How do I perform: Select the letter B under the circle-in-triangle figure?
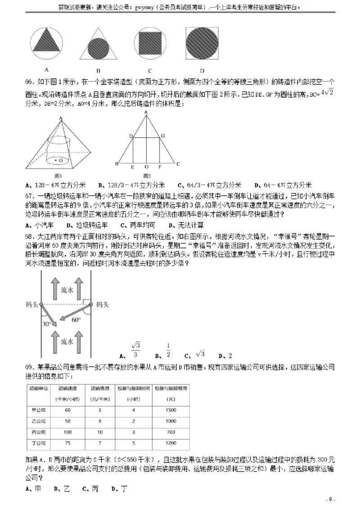pyautogui.click(x=98, y=71)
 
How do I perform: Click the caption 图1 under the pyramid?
pyautogui.click(x=58, y=175)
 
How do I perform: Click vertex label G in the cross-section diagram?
pyautogui.click(x=163, y=135)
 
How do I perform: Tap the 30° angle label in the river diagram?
pyautogui.click(x=46, y=323)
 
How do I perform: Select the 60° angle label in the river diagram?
pyautogui.click(x=76, y=320)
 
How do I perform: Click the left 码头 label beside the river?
pyautogui.click(x=32, y=304)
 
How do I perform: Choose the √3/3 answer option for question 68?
pyautogui.click(x=135, y=350)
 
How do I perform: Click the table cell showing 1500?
pyautogui.click(x=171, y=410)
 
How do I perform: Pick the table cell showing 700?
pyautogui.click(x=171, y=432)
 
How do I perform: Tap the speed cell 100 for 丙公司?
pyautogui.click(x=67, y=432)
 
